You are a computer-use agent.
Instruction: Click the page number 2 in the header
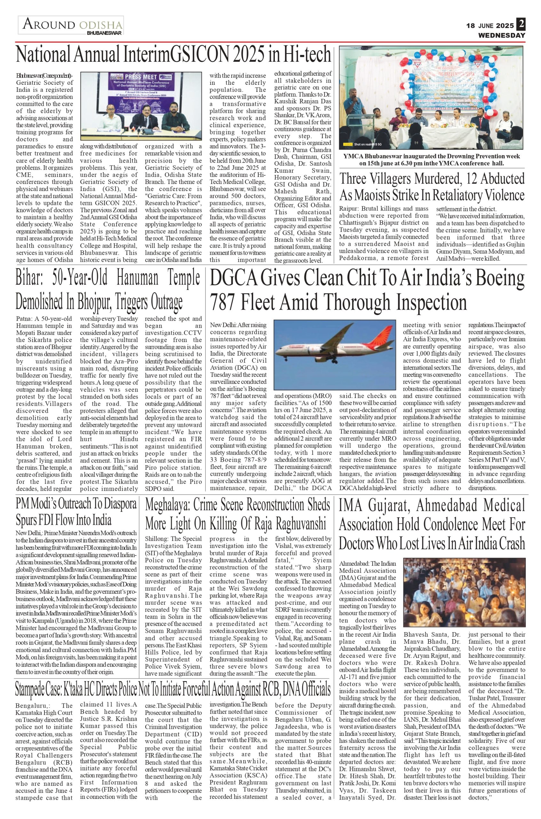point(520,25)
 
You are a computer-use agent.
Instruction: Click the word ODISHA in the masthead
point(100,25)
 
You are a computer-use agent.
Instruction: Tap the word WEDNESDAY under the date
point(501,36)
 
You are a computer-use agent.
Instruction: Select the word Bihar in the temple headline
point(29,278)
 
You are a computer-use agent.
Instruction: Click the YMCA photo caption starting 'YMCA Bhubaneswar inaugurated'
point(432,160)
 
